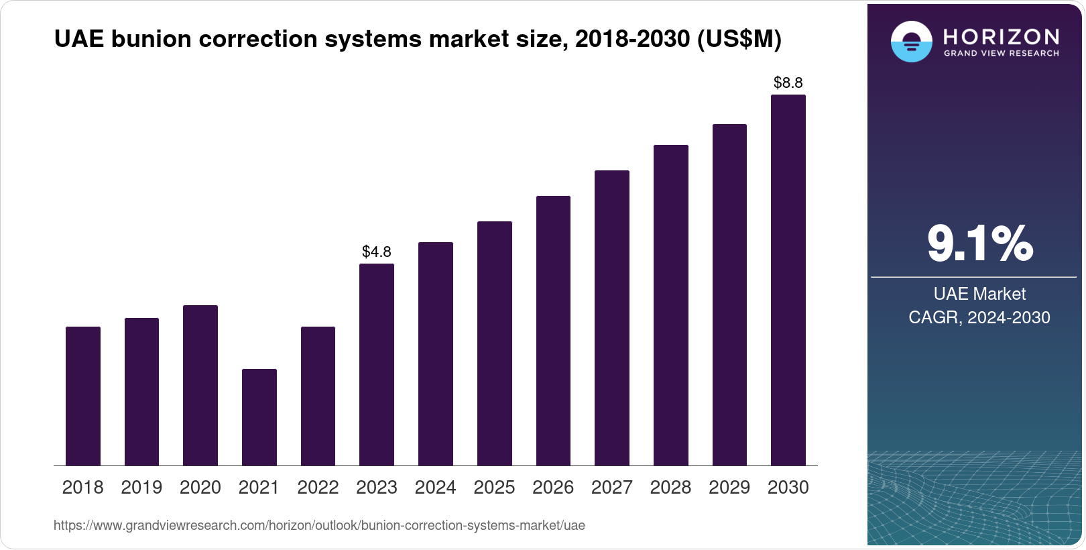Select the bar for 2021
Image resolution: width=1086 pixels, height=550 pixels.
pos(259,417)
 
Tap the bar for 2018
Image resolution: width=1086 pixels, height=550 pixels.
pos(83,396)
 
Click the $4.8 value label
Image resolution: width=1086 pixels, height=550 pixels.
pos(377,252)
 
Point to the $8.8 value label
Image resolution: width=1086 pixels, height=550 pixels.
pos(788,82)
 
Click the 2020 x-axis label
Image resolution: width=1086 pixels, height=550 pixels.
pos(200,488)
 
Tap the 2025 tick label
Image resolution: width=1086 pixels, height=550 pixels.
pos(494,488)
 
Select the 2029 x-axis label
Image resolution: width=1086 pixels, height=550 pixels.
pos(729,488)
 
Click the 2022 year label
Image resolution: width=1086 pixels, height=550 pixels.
pos(318,488)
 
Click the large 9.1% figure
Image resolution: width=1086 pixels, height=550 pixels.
pos(979,243)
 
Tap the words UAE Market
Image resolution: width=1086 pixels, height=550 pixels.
pos(979,294)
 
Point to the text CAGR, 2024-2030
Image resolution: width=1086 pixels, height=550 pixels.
pos(979,317)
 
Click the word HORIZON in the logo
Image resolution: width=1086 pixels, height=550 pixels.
pos(1001,36)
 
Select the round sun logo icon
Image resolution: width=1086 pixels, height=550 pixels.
pos(911,42)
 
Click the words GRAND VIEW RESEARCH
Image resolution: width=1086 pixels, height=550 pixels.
pos(1001,53)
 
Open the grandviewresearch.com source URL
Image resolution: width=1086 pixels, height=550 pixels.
pos(319,525)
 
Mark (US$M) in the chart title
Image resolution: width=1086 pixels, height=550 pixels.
pos(739,39)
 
